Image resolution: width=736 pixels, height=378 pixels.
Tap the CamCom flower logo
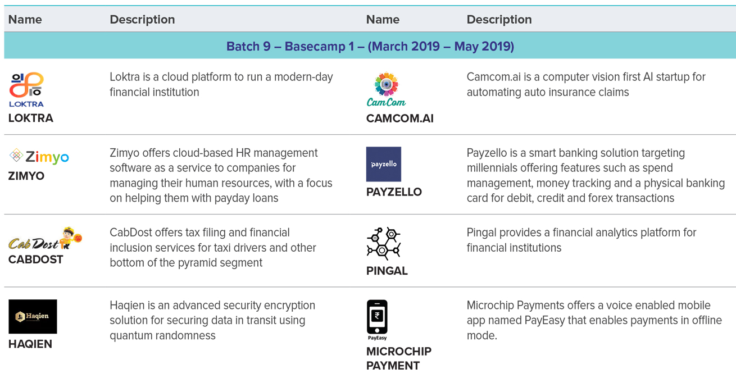point(386,89)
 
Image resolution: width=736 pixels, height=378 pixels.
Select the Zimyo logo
point(39,156)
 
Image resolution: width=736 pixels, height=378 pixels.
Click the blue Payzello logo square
point(383,164)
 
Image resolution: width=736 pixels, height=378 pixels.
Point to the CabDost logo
point(46,239)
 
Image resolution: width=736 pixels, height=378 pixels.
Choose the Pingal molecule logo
point(383,243)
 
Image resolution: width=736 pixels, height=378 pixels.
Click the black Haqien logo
point(33,316)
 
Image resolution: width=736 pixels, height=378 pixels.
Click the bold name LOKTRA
point(30,118)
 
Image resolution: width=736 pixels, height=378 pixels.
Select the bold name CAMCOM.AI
point(400,118)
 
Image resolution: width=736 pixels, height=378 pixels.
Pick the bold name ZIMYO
point(26,176)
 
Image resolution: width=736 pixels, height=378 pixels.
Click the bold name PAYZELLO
point(394,192)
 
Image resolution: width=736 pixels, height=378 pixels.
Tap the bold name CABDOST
point(35,259)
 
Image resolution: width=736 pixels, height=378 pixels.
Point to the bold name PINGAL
point(387,271)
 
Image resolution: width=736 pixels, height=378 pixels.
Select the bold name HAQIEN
point(30,344)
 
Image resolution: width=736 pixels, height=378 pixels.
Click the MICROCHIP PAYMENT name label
point(398,359)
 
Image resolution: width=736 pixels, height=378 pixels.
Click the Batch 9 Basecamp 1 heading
point(370,46)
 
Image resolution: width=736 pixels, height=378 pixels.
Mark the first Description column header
point(142,20)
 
